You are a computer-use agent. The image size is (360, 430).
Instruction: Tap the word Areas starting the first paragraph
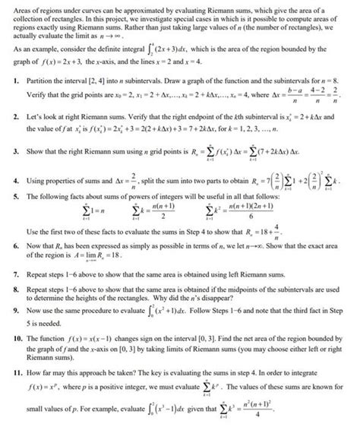click(x=11, y=6)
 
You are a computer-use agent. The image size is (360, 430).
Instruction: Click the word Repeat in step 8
click(x=32, y=303)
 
